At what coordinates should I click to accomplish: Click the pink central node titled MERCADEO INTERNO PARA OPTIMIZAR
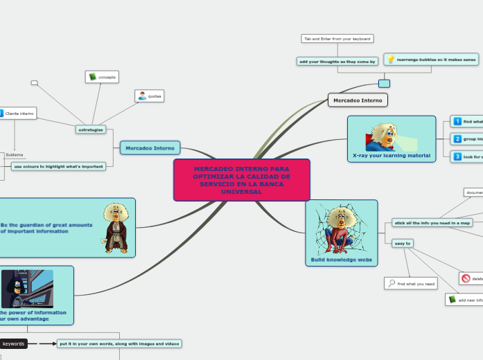point(241,180)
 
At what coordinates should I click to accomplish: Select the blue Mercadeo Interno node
point(150,147)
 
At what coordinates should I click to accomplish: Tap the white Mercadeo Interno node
point(358,100)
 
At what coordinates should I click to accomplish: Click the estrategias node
point(90,129)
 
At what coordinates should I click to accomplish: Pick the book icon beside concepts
point(92,77)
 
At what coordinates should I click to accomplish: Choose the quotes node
point(150,96)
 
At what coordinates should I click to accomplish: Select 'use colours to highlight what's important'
point(58,166)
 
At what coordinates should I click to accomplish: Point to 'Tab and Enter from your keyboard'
point(337,39)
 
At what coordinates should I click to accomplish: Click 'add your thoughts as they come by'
point(337,62)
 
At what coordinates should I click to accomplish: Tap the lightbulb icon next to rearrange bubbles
point(391,60)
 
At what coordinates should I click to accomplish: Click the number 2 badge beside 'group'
point(457,139)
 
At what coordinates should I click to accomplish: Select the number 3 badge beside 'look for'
point(457,157)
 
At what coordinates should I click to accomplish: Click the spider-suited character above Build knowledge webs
point(342,228)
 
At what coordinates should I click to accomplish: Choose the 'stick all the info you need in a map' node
point(432,222)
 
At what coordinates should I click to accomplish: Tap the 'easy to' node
point(403,243)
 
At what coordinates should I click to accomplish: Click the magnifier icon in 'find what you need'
point(392,283)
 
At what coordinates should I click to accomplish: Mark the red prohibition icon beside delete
point(466,278)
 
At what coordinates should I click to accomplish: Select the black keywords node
point(13,343)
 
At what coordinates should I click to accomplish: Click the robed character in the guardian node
point(114,226)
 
